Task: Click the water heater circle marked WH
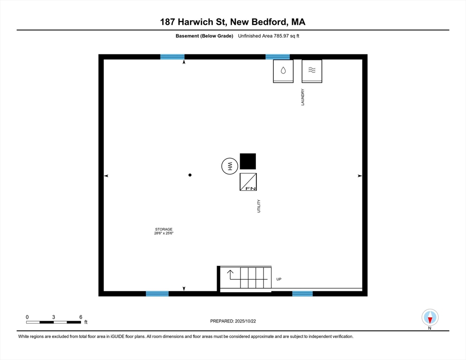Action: pyautogui.click(x=230, y=166)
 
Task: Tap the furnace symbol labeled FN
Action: pyautogui.click(x=248, y=182)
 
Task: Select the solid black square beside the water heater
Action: pyautogui.click(x=248, y=161)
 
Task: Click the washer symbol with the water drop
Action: pyautogui.click(x=283, y=71)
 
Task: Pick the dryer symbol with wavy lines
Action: pyautogui.click(x=312, y=71)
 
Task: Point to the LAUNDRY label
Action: pyautogui.click(x=303, y=97)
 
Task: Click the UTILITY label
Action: pyautogui.click(x=258, y=206)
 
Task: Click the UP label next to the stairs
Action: pyautogui.click(x=279, y=279)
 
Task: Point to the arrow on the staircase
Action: pyautogui.click(x=231, y=273)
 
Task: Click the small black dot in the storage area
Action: pyautogui.click(x=190, y=175)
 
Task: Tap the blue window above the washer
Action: pyautogui.click(x=278, y=57)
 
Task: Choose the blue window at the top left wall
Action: pyautogui.click(x=172, y=57)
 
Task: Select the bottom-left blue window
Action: pyautogui.click(x=157, y=294)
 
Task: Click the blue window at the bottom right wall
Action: pyautogui.click(x=302, y=294)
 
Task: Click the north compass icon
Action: pyautogui.click(x=430, y=317)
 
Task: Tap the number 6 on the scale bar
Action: pyautogui.click(x=81, y=317)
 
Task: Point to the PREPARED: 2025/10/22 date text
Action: pyautogui.click(x=233, y=321)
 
